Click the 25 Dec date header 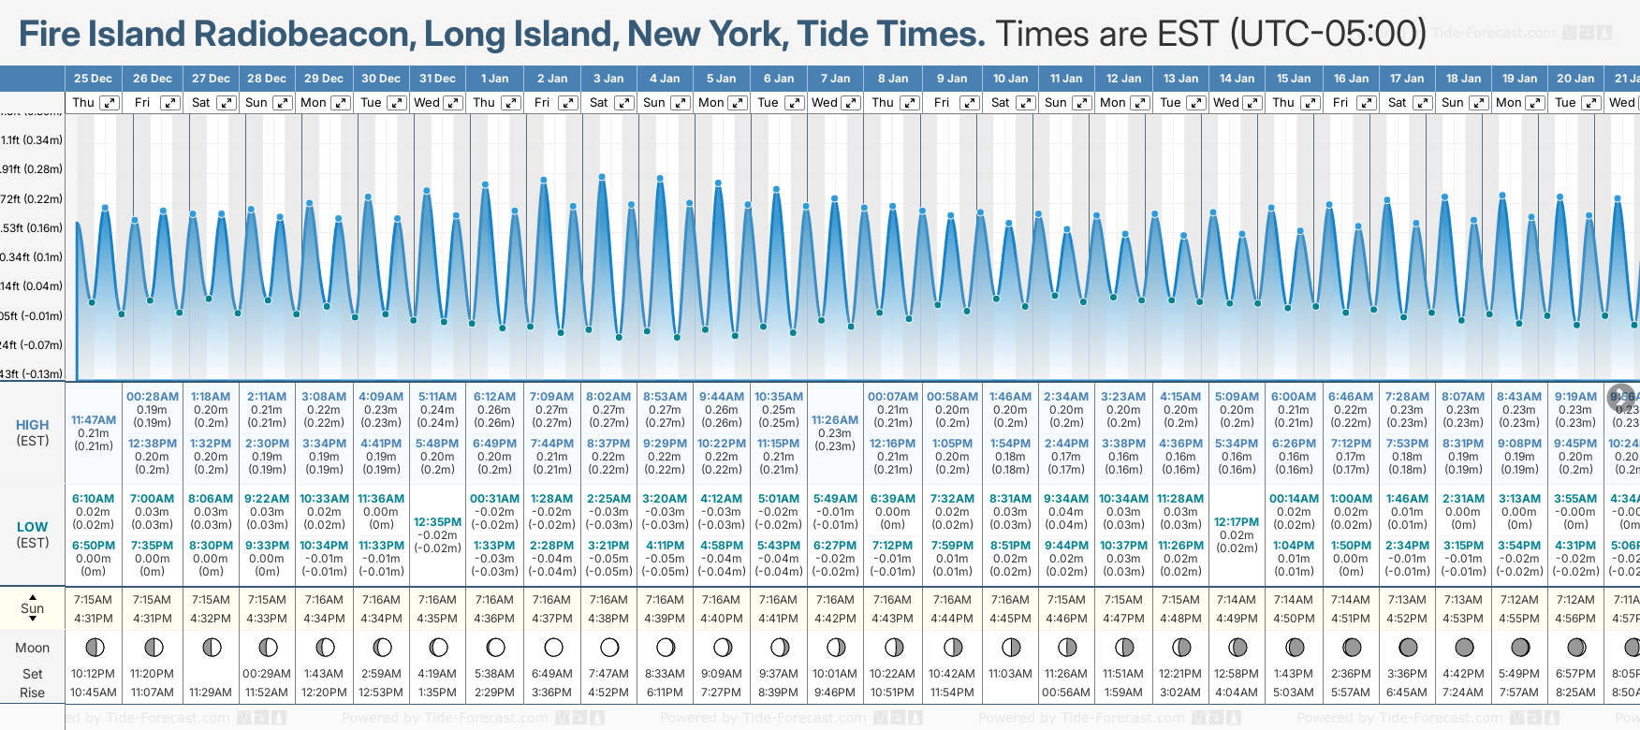click(x=93, y=79)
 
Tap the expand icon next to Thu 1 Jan click(x=511, y=103)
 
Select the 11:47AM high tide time click(x=94, y=420)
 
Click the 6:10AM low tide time click(x=94, y=499)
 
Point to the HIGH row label click(x=33, y=425)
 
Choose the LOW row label click(x=33, y=527)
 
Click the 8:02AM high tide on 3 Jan click(x=608, y=397)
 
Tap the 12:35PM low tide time click(x=438, y=522)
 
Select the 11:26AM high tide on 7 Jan click(x=835, y=420)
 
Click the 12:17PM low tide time click(x=1237, y=522)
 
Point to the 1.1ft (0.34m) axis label click(x=32, y=140)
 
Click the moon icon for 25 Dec click(x=94, y=647)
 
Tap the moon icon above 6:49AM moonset click(x=552, y=647)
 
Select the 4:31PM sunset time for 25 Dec click(x=94, y=619)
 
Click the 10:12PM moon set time click(x=94, y=674)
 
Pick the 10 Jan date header click(x=1010, y=79)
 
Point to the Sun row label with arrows click(x=33, y=608)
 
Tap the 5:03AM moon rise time click(x=1293, y=693)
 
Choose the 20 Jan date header click(x=1575, y=79)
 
